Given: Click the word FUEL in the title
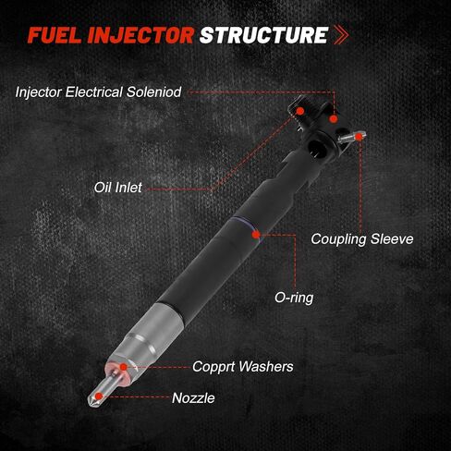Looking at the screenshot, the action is [55, 35].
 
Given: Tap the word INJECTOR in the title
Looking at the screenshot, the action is [140, 35].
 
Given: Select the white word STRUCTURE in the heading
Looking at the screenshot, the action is [264, 35].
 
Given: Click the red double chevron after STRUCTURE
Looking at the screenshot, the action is [341, 35].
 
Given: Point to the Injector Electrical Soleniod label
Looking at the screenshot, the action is [98, 92].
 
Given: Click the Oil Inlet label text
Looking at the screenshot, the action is [118, 188].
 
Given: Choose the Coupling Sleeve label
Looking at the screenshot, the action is [362, 239].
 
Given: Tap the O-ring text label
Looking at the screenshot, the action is [294, 298].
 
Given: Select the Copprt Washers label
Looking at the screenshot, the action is [243, 367].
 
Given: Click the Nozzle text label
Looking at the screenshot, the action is [193, 398].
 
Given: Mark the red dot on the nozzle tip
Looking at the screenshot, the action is [98, 396].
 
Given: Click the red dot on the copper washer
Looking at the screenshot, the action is [123, 367].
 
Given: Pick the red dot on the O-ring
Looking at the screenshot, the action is [256, 235].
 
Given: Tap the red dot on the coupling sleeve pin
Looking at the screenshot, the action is [359, 137].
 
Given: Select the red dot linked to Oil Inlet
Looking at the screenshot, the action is [300, 111].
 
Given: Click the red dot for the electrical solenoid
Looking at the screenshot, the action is [334, 119].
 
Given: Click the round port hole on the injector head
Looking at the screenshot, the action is [316, 148].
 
